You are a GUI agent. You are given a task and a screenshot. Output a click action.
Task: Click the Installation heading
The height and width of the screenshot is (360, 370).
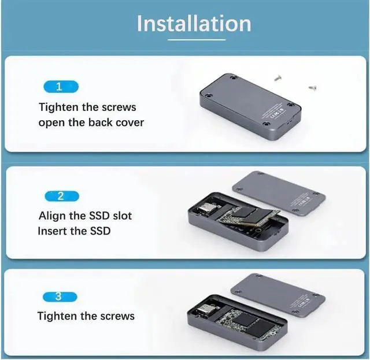pyautogui.click(x=194, y=23)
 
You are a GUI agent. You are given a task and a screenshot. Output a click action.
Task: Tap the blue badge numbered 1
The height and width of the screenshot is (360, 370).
pyautogui.click(x=61, y=87)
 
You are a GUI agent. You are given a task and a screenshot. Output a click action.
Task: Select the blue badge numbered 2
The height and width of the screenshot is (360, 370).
pyautogui.click(x=61, y=196)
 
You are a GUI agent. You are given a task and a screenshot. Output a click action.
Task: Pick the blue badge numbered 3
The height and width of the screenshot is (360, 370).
pyautogui.click(x=61, y=297)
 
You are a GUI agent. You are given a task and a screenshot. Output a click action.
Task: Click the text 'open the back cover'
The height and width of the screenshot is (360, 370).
pyautogui.click(x=91, y=123)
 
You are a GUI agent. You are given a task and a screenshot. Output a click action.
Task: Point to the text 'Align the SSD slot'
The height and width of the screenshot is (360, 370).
pyautogui.click(x=85, y=216)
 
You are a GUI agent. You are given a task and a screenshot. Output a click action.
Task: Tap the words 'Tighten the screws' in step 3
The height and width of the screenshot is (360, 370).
pyautogui.click(x=86, y=316)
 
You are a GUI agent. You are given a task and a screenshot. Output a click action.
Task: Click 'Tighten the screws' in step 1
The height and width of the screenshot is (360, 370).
pyautogui.click(x=87, y=107)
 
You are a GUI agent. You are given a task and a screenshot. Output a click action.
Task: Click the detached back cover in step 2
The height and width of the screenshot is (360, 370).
pyautogui.click(x=277, y=194)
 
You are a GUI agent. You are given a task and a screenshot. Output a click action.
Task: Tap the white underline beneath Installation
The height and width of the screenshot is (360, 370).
pyautogui.click(x=197, y=39)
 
